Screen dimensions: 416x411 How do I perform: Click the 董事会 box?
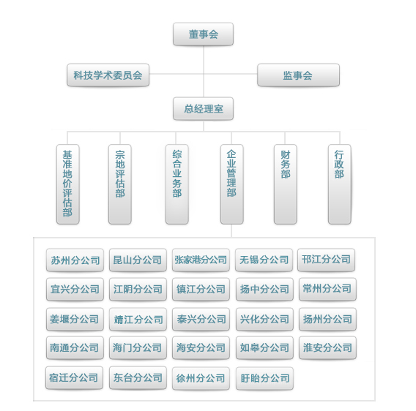(203, 34)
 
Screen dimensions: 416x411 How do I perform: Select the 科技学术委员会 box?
(108, 75)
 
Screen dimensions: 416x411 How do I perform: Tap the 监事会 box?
(299, 75)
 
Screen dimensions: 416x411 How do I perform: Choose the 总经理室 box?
(203, 109)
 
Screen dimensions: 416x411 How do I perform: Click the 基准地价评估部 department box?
(67, 184)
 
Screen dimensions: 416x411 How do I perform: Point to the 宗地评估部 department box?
(120, 184)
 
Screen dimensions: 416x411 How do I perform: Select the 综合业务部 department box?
(177, 184)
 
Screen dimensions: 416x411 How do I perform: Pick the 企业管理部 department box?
(232, 184)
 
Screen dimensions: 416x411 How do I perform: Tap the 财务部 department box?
(286, 184)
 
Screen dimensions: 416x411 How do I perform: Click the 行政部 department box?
(340, 184)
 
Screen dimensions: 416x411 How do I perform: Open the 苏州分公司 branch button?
(75, 260)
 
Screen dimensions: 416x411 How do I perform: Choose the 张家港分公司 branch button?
(201, 260)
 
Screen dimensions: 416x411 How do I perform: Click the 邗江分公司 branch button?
(327, 260)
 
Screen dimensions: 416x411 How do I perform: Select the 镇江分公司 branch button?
(201, 289)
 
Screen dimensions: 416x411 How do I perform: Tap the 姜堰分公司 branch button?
(75, 319)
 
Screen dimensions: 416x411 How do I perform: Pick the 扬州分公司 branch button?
(327, 319)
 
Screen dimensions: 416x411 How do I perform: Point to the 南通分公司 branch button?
(75, 347)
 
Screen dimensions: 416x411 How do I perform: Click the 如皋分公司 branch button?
(264, 347)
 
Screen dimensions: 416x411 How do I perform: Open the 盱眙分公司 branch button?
(264, 378)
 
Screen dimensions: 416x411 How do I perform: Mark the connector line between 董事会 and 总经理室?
(204, 72)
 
